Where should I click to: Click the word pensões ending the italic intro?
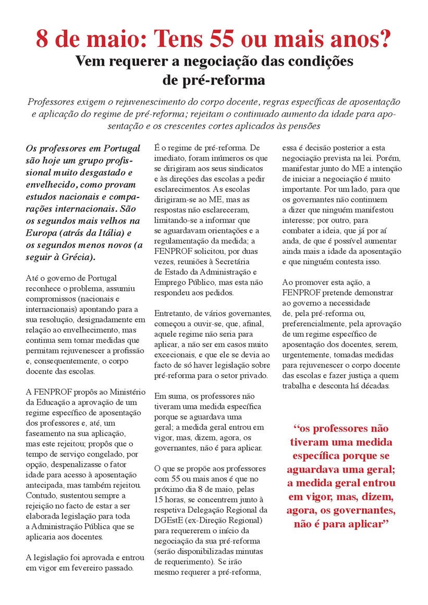[302, 126]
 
